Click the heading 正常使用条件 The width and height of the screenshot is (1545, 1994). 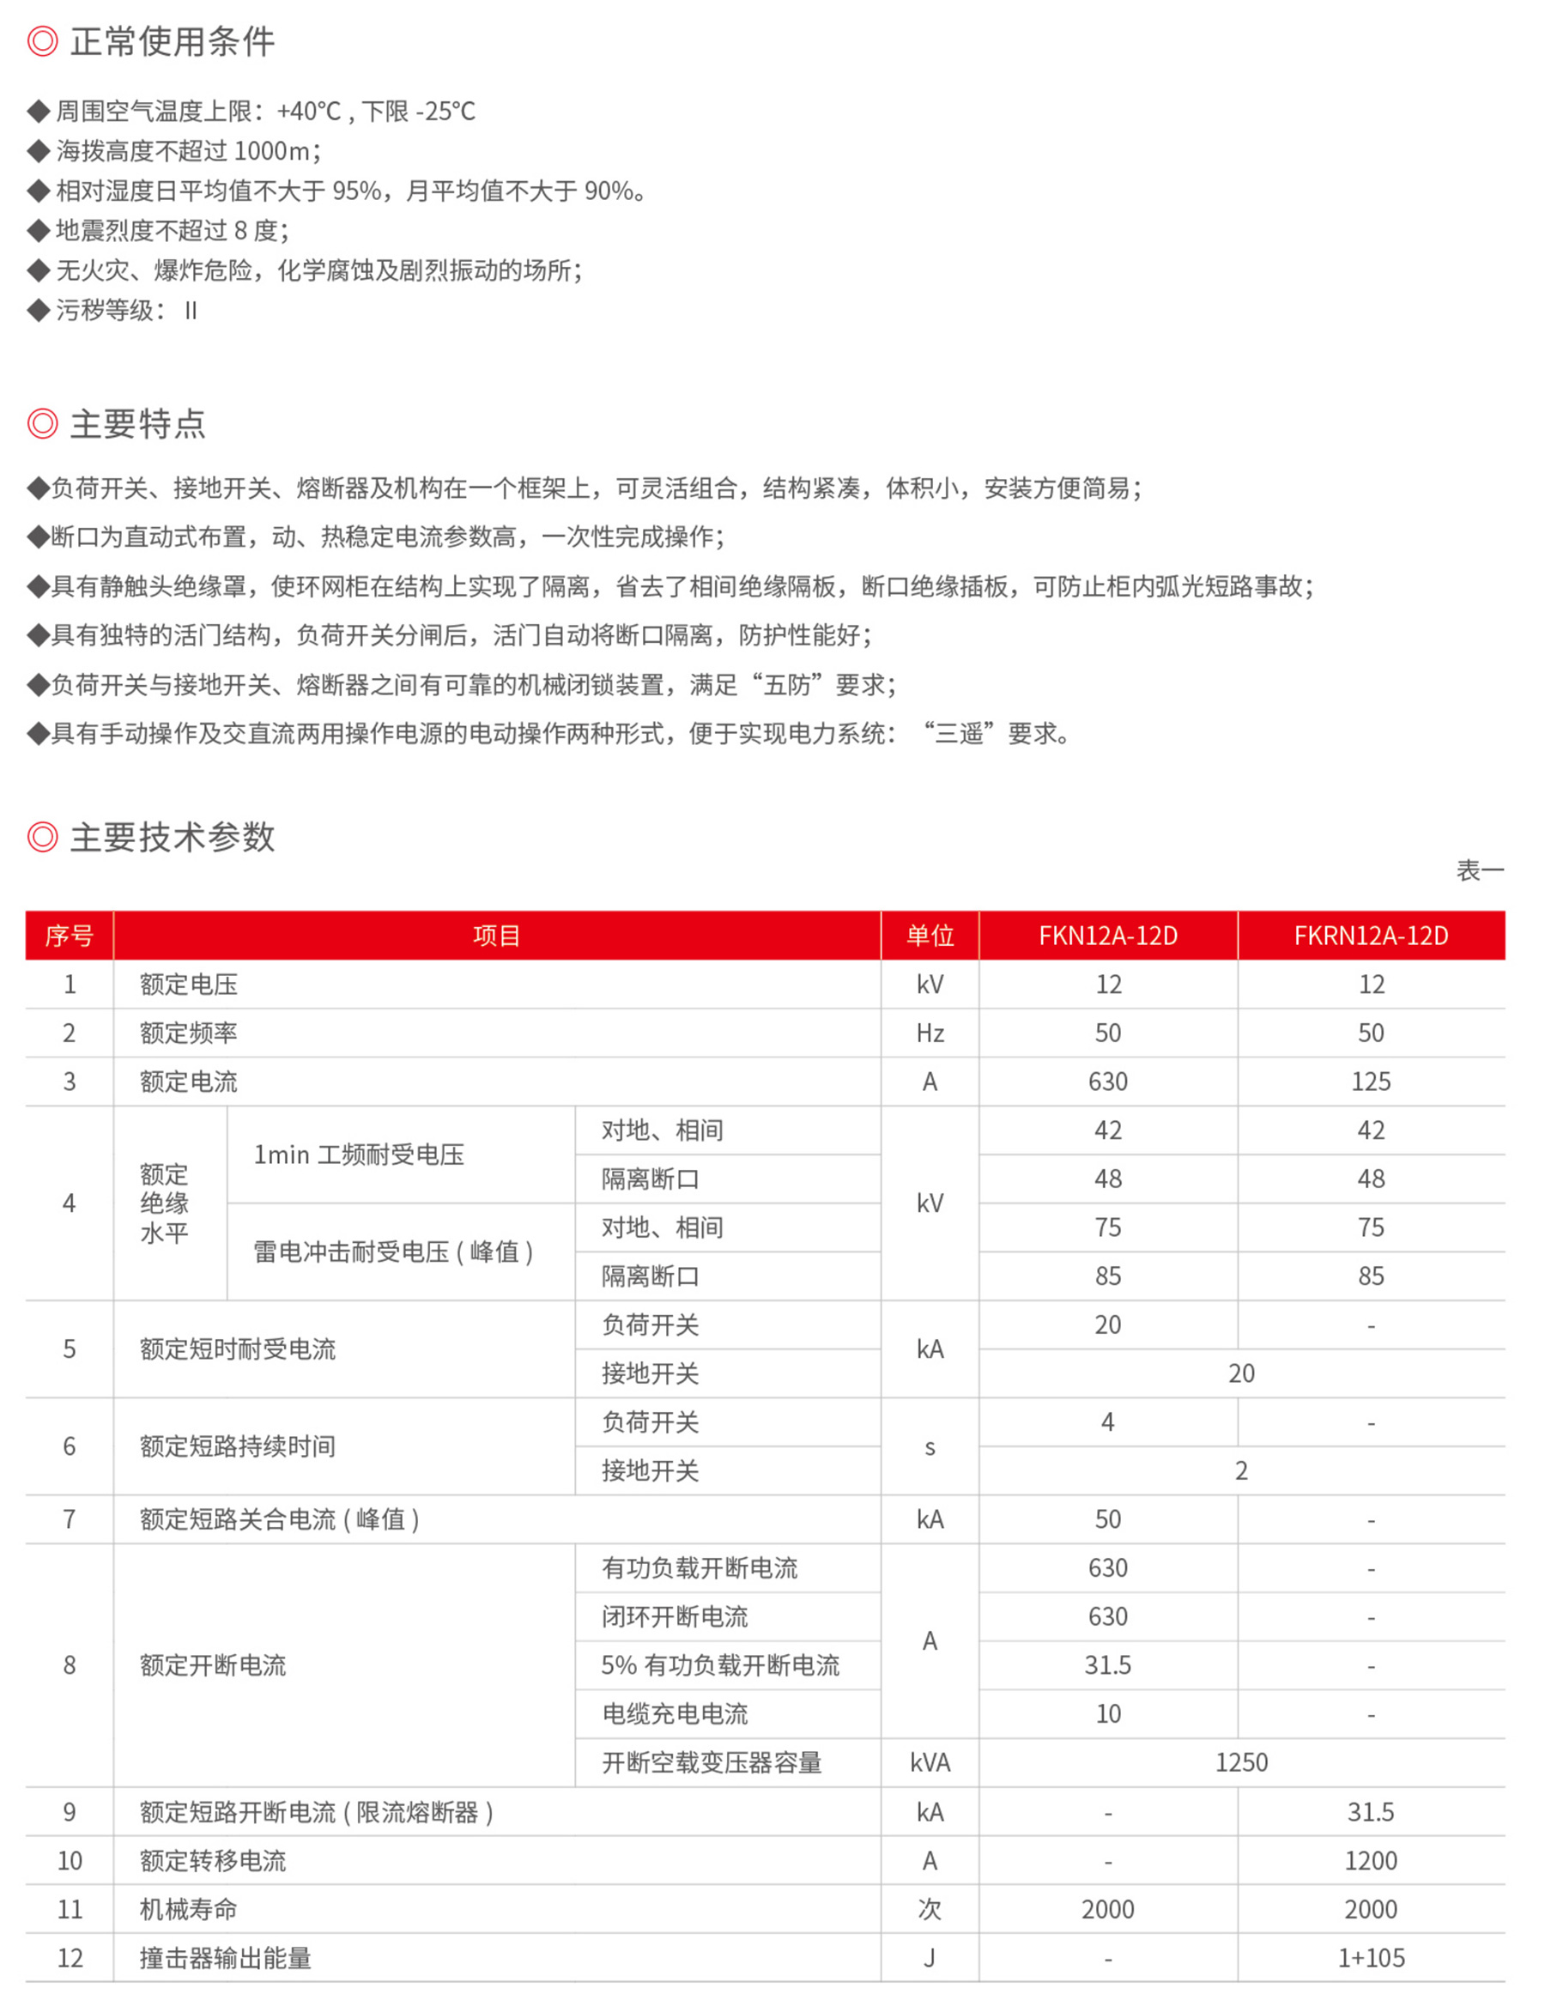tap(172, 42)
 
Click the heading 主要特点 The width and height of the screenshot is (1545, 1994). tap(138, 424)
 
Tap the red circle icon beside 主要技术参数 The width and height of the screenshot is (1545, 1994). tap(42, 836)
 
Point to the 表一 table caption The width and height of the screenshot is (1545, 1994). tap(1479, 870)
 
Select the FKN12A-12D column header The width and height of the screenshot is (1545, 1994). tap(1107, 936)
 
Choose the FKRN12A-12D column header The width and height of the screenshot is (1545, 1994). tap(1371, 936)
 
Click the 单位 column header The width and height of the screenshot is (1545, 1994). tap(930, 936)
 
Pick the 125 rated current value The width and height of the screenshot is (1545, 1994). tap(1371, 1082)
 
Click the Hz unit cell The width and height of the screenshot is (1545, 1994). tap(930, 1033)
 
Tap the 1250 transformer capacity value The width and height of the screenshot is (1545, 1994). tap(1241, 1763)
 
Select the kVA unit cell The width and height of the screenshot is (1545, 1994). tap(930, 1763)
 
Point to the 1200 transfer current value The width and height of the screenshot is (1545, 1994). tap(1371, 1861)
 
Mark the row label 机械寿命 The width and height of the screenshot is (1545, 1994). tap(188, 1909)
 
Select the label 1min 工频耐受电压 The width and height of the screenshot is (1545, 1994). tap(359, 1155)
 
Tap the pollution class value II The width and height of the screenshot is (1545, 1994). tap(190, 312)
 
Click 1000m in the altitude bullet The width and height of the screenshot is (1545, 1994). tap(271, 151)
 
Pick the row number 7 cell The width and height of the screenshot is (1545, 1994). tap(70, 1519)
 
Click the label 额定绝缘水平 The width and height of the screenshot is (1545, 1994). tap(164, 1203)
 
